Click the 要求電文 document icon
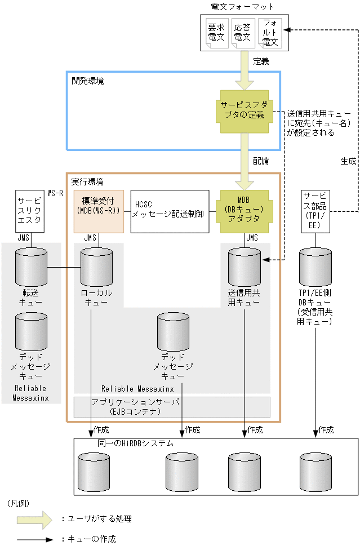216,33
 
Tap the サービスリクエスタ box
29,211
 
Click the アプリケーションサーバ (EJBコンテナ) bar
172,406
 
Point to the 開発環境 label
87,81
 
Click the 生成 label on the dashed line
348,161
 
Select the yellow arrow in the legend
34,519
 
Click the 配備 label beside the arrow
261,161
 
